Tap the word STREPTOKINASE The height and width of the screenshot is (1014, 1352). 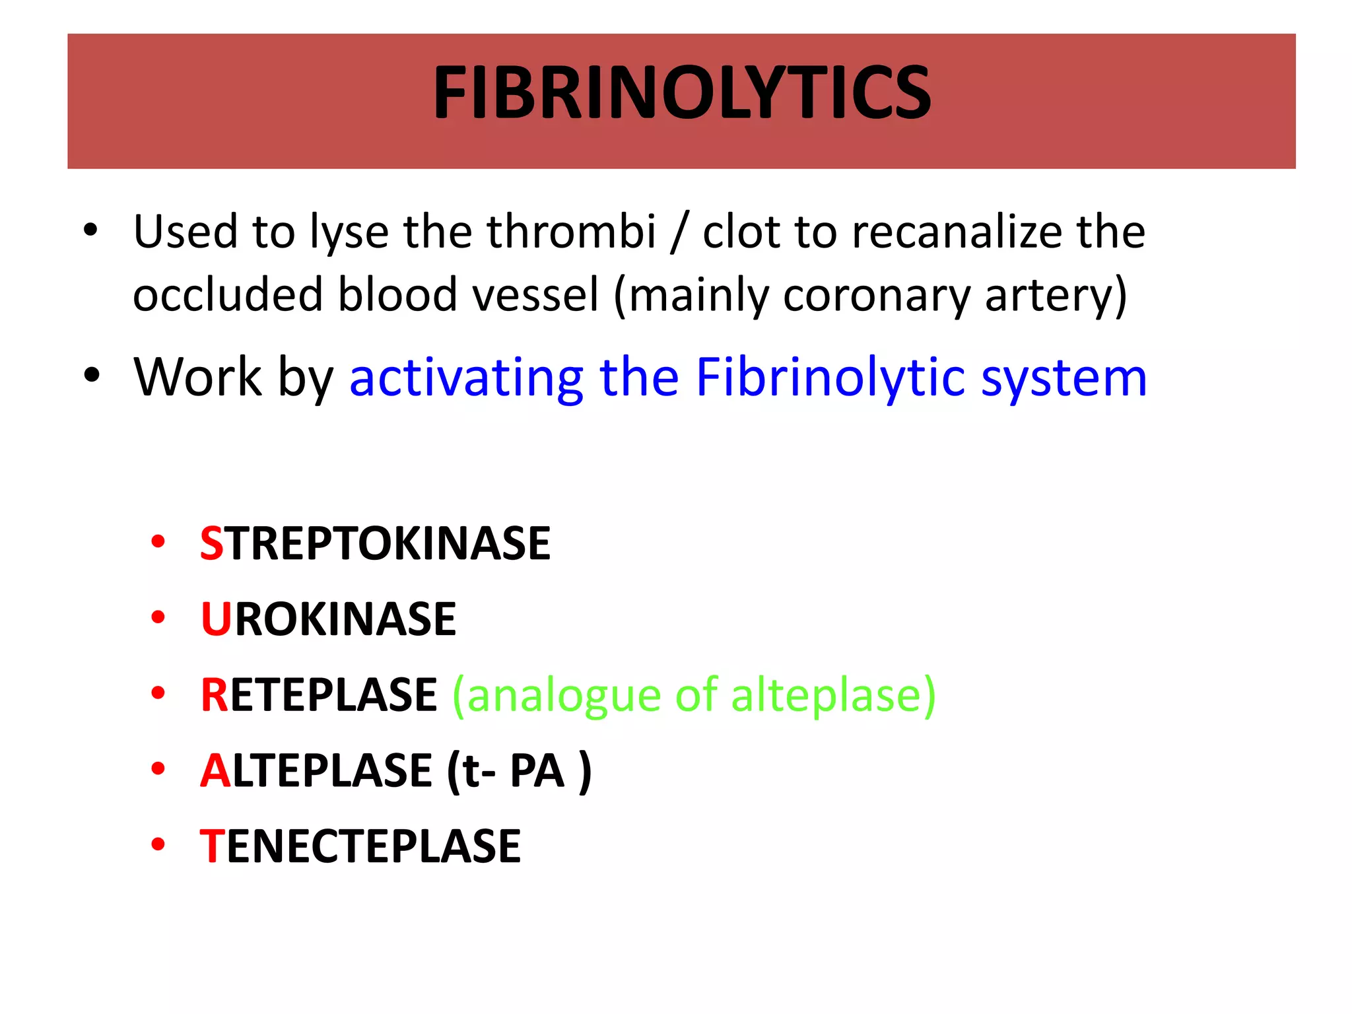coord(375,544)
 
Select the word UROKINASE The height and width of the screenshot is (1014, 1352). coord(328,619)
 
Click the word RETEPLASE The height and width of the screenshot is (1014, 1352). coord(319,695)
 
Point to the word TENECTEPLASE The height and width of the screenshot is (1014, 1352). coord(360,846)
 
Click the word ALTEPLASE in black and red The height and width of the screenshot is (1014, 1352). coord(316,771)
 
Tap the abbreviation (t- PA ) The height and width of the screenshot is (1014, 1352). coord(519,771)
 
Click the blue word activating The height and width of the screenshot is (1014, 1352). coord(466,378)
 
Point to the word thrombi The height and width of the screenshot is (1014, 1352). coord(572,232)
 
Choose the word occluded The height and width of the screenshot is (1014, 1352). coord(228,294)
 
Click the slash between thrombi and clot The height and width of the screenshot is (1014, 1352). coord(678,233)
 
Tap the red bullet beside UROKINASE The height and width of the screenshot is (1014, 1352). coord(158,618)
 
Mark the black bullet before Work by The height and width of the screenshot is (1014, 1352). coord(91,376)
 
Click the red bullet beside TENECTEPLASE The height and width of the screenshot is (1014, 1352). coord(158,844)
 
